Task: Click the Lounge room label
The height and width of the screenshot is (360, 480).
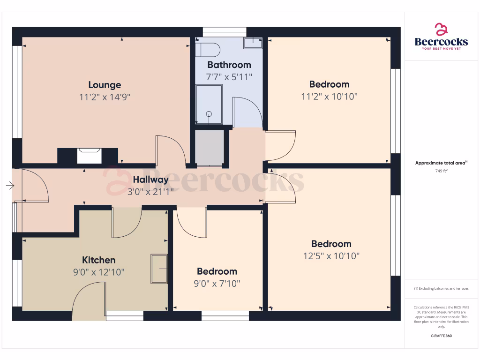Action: click(x=105, y=85)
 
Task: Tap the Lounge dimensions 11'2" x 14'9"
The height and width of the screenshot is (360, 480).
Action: click(x=105, y=97)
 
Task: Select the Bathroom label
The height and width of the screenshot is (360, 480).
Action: click(x=229, y=65)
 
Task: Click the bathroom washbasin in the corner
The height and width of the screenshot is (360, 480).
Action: click(x=253, y=44)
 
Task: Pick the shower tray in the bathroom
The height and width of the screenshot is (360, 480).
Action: click(x=209, y=104)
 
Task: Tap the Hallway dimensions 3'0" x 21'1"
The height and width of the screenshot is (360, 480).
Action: click(x=150, y=191)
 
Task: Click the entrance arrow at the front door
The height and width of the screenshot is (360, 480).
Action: click(x=10, y=186)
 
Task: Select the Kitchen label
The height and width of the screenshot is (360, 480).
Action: click(x=98, y=260)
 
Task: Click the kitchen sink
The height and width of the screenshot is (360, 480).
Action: click(x=159, y=269)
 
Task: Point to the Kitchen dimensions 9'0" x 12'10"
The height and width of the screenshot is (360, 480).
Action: click(x=98, y=272)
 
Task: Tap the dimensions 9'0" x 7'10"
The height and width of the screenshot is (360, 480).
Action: click(x=217, y=284)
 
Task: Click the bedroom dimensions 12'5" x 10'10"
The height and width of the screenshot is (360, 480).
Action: click(x=331, y=256)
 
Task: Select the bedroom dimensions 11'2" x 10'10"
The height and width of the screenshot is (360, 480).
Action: click(x=329, y=97)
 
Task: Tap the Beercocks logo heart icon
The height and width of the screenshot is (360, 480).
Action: click(x=441, y=30)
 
